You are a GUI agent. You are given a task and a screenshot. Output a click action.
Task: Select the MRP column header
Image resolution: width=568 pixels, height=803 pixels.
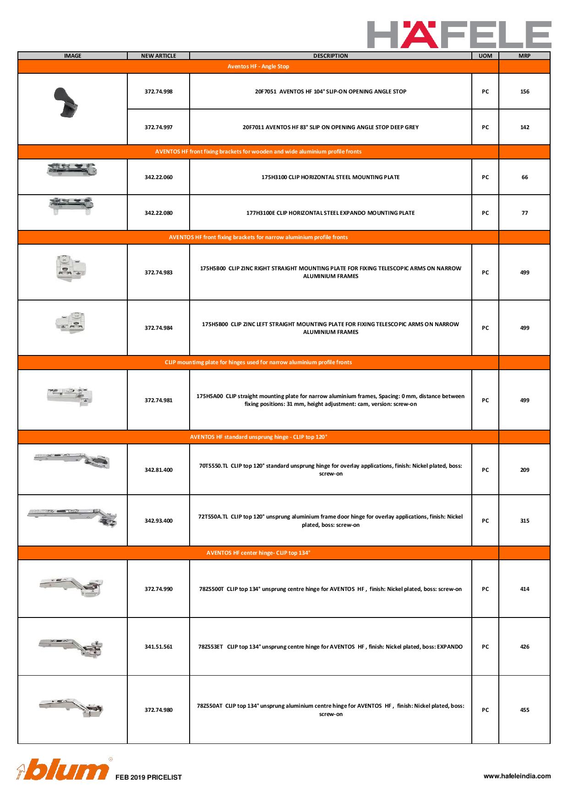[524, 56]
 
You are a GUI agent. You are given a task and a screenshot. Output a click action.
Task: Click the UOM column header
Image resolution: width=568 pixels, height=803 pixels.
[485, 56]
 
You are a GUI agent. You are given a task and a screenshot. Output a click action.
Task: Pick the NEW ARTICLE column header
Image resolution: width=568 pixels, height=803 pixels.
[158, 56]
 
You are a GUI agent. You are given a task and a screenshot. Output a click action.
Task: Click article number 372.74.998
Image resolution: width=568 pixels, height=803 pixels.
[158, 92]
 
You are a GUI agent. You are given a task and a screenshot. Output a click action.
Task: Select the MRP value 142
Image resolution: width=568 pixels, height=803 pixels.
[524, 127]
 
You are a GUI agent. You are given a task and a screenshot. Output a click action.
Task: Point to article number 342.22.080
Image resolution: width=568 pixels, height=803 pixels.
[158, 213]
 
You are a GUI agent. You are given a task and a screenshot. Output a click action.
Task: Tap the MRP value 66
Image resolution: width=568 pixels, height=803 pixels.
[524, 177]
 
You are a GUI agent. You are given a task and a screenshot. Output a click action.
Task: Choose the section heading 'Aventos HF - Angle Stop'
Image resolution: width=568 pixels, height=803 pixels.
[258, 66]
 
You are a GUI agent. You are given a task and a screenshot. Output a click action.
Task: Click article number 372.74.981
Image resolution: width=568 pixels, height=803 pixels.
[158, 400]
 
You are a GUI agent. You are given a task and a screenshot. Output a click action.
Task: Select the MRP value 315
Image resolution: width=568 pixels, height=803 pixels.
[524, 521]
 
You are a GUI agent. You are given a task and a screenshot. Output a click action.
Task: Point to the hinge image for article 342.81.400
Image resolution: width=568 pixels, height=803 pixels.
[72, 460]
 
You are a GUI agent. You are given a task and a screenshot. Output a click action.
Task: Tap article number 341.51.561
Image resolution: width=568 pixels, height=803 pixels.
[158, 647]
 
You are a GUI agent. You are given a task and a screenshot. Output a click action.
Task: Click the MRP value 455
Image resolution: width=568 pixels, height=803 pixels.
[524, 710]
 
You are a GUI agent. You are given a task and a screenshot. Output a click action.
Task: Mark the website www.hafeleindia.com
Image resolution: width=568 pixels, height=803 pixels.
[517, 776]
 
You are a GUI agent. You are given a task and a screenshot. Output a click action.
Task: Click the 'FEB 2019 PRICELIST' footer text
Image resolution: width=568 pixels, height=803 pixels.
[148, 777]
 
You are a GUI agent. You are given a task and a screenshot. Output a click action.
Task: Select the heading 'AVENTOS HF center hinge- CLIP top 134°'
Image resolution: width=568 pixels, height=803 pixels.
[258, 553]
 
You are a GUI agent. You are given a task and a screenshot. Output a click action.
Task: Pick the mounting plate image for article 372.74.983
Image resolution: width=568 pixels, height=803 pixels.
[70, 268]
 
